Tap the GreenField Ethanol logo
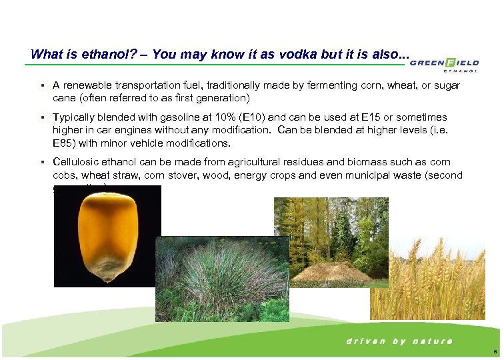click(x=444, y=65)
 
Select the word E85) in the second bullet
click(x=65, y=143)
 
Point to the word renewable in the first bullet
click(x=90, y=86)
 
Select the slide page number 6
click(x=494, y=351)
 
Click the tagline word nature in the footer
click(x=433, y=341)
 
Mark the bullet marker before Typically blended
click(x=42, y=117)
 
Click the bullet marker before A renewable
click(x=42, y=86)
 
